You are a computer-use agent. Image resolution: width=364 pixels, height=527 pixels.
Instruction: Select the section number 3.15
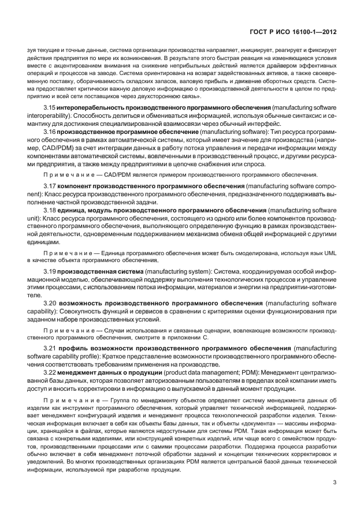click(50, 109)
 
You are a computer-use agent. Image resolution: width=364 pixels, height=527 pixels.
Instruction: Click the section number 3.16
click(50, 132)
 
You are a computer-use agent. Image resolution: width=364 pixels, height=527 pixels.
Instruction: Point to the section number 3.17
click(50, 186)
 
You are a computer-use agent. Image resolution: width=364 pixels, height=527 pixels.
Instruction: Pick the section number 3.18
click(50, 211)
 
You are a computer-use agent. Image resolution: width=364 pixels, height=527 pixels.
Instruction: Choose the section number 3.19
click(50, 271)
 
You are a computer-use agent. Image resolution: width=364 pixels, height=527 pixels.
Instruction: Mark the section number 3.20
click(50, 303)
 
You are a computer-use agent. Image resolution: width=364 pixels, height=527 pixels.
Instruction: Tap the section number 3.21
click(50, 349)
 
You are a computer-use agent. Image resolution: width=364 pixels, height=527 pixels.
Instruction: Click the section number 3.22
click(50, 373)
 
